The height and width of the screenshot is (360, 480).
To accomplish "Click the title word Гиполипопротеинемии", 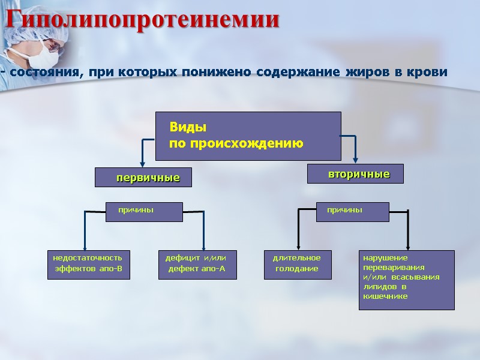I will coord(143,19).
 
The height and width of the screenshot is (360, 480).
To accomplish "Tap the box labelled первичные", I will coord(143,178).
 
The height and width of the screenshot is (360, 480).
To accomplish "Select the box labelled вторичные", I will coord(355,174).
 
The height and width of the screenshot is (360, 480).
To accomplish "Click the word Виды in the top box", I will coord(188,128).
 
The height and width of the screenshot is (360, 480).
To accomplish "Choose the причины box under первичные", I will coord(144,211).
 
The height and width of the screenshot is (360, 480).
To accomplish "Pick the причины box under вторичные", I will coord(353,211).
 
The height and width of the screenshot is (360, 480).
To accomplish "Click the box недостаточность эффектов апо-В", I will coord(88,265).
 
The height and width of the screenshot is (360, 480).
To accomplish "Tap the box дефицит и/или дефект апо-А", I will coord(197,265).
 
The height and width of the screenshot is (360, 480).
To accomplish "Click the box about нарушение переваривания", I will coord(406,280).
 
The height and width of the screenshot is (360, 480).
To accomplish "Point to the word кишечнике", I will coord(385,296).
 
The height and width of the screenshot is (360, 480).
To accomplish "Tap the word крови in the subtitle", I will coord(429,73).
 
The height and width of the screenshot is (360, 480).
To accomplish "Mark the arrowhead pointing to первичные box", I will coord(142,163).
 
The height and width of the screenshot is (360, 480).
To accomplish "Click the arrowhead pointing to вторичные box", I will coord(356,160).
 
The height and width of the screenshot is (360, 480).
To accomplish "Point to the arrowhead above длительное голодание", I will coord(299,248).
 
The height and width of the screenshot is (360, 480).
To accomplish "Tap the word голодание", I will coord(296,269).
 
